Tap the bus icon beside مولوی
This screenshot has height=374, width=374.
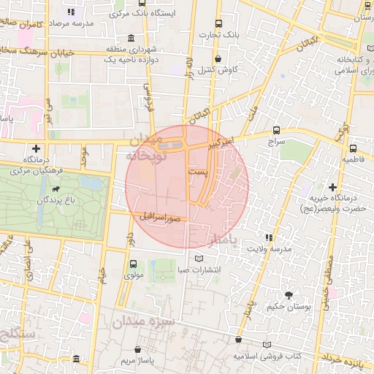pos(132,264)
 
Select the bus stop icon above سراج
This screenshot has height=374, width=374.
pos(276,129)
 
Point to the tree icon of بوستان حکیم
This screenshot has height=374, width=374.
pos(289,296)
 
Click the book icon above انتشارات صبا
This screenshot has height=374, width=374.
pos(199,258)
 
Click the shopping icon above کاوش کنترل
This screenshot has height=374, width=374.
pos(217,58)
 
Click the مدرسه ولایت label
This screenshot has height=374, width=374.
pos(271,248)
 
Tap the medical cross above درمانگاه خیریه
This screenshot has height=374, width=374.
pos(333,187)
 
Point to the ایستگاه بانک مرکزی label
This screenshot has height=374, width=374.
pos(95,12)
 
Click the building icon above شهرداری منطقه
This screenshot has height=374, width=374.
pos(130,39)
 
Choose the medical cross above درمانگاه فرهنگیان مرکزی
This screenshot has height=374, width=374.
pos(36,148)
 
